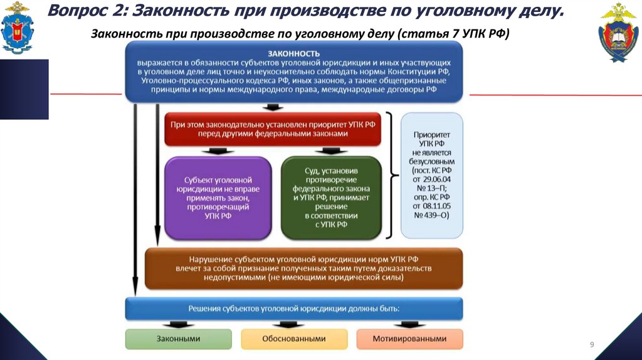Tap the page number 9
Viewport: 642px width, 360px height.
591,345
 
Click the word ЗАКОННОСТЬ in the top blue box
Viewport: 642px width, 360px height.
294,55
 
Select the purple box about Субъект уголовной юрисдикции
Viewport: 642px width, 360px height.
218,198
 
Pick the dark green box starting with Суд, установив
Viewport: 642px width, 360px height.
331,198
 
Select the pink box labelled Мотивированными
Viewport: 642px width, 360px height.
409,339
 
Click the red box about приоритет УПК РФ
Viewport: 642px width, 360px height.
273,129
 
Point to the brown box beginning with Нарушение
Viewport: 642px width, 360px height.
303,268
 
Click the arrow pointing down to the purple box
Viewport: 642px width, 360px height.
217,151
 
